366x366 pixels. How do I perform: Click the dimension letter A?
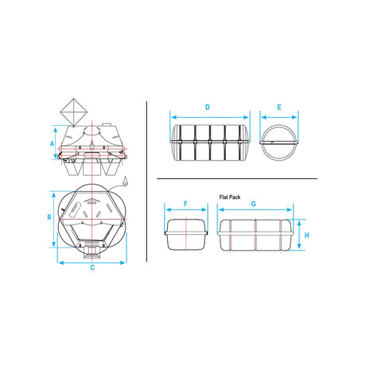coord(53,144)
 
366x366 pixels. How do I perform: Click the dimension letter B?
coord(49,217)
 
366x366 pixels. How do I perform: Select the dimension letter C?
coord(92,267)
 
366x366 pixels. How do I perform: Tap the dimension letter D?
coord(208,107)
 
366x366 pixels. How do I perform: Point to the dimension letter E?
coord(279,107)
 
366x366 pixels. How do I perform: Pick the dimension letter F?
coord(185,204)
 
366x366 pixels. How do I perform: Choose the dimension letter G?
coord(253,204)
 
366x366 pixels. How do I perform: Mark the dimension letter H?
coord(307,236)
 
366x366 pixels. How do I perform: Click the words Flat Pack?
coord(230,197)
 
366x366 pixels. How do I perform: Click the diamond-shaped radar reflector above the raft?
coord(73,112)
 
